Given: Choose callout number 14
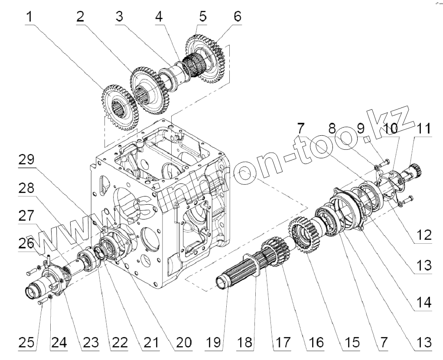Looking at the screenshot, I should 422,302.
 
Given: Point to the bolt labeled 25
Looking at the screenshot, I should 42,301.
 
